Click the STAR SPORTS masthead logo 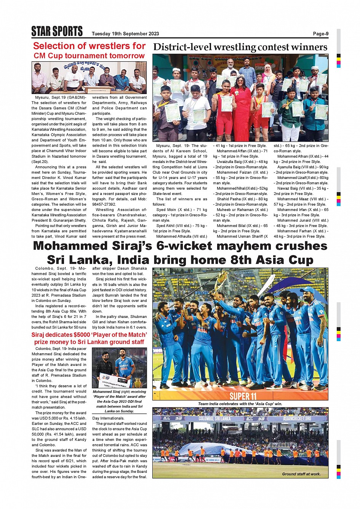pos(57,31)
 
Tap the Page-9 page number pos(320,34)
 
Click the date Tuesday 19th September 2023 pos(125,34)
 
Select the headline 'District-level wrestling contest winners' pos(240,47)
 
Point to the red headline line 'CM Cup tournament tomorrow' pos(89,56)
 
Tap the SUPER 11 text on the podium pos(243,396)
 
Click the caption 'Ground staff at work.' pos(301,474)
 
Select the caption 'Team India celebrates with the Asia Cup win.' pos(240,404)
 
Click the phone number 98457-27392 pos(104,204)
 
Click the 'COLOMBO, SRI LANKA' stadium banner pos(214,419)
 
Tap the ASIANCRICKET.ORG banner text pos(297,419)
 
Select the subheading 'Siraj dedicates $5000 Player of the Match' pos(89,335)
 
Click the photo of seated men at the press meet pos(89,78)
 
